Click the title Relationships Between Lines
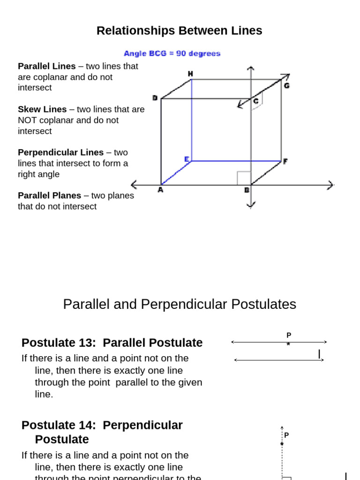click(x=179, y=31)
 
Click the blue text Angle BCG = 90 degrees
click(x=172, y=53)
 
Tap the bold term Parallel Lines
click(x=46, y=66)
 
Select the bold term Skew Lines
click(x=42, y=109)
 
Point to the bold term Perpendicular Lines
click(x=60, y=152)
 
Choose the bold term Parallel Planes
click(x=49, y=195)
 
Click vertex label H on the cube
click(x=190, y=74)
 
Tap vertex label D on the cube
click(x=155, y=97)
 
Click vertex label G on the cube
click(x=286, y=86)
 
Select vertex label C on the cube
click(x=255, y=100)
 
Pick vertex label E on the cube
click(x=187, y=159)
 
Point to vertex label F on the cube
click(x=285, y=161)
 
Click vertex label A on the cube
click(x=160, y=190)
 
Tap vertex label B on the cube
click(x=246, y=190)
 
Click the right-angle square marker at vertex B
click(x=244, y=178)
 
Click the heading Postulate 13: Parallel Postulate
click(x=112, y=343)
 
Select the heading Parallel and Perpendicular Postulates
click(x=180, y=304)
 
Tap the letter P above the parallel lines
click(x=289, y=335)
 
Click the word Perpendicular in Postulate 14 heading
click(x=142, y=425)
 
